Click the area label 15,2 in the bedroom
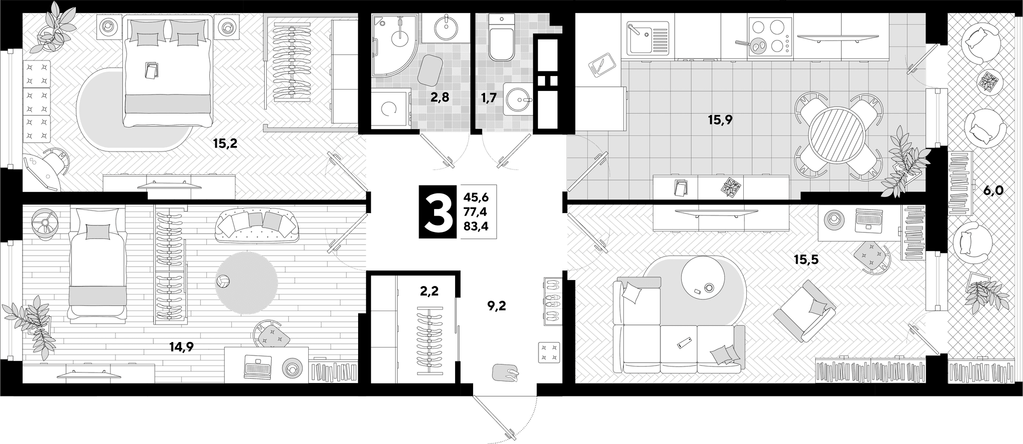click(x=225, y=144)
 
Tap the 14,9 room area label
click(x=181, y=346)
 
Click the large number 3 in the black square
click(x=437, y=211)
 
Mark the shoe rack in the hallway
click(x=551, y=300)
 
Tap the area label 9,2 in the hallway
click(x=497, y=305)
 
